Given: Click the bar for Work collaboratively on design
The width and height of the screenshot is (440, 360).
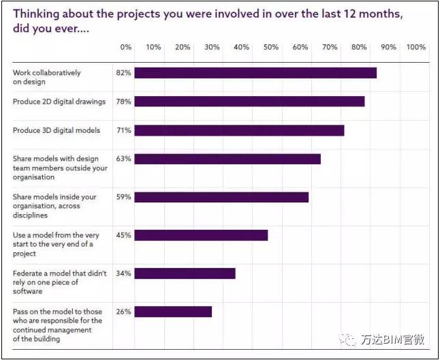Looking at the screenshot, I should (x=255, y=73).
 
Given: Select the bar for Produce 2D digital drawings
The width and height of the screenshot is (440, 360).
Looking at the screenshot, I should (x=249, y=102).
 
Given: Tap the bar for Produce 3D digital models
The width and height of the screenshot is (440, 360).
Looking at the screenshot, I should (x=239, y=130).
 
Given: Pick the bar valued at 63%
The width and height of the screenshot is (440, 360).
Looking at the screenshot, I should (x=227, y=159).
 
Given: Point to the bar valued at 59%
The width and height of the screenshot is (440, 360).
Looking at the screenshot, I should (x=221, y=197).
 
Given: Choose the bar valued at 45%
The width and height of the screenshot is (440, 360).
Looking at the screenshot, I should (x=201, y=235).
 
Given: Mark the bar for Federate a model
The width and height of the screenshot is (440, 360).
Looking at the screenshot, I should (x=185, y=273).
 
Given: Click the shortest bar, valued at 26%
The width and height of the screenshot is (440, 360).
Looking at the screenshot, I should (x=173, y=312).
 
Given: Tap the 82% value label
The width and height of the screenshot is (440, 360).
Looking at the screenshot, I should (x=123, y=73).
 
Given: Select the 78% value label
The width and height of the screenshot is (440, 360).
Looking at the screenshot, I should (x=123, y=102).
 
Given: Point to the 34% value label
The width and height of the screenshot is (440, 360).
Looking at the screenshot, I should (x=123, y=273).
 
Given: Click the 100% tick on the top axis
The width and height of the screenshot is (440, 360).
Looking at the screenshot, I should (x=415, y=48).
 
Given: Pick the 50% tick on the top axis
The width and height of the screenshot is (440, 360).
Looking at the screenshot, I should (x=271, y=48).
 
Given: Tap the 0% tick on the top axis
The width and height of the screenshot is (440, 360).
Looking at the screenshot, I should (x=126, y=48).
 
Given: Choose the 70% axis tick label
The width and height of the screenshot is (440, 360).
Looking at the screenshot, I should (x=330, y=48).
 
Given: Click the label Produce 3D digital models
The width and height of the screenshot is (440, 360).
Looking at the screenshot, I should (x=57, y=130).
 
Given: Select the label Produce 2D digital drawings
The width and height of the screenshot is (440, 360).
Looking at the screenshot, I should (x=59, y=102).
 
